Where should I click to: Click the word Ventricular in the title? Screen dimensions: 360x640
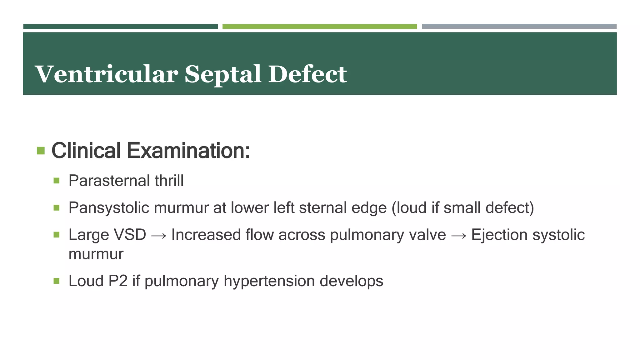(x=106, y=74)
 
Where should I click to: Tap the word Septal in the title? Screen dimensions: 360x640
(x=223, y=75)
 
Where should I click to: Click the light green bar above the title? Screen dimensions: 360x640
(x=319, y=27)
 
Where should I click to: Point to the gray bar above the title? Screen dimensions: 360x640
(x=519, y=27)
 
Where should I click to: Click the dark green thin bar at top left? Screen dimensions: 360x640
(x=120, y=27)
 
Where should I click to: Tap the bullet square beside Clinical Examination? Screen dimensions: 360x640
(x=41, y=151)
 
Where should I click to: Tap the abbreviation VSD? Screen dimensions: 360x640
(x=130, y=235)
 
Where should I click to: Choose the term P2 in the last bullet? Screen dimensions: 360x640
(x=118, y=281)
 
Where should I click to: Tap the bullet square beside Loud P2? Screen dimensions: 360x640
(x=56, y=281)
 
